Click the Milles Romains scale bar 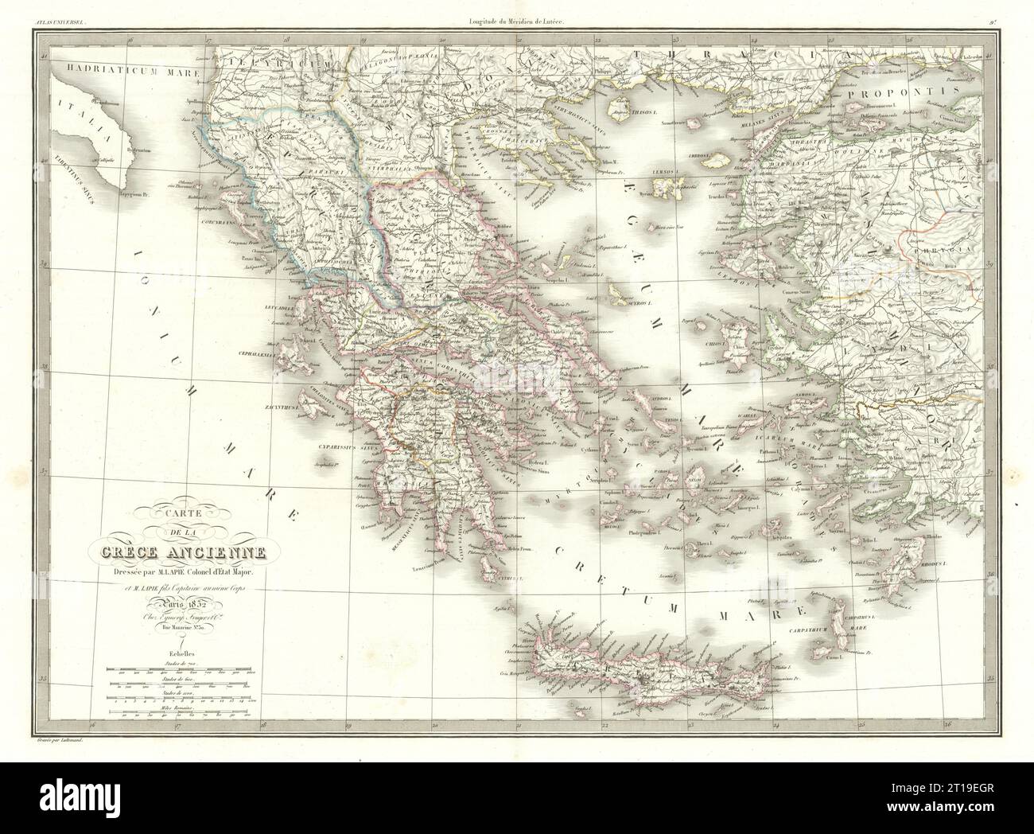point(183,713)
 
